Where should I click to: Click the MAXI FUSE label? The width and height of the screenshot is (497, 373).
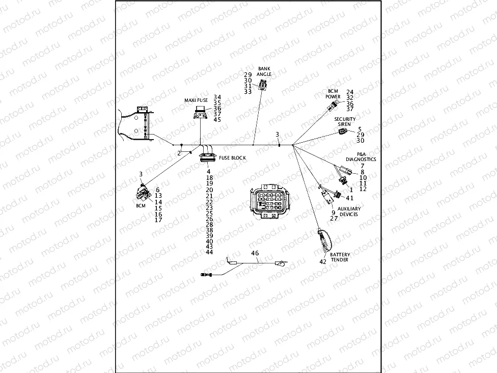click(x=197, y=101)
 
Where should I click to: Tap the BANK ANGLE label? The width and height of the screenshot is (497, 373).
click(x=264, y=71)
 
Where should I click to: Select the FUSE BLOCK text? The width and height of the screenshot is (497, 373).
click(x=232, y=158)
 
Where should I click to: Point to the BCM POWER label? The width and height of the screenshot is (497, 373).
click(x=333, y=93)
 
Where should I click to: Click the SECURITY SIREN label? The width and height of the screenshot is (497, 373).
click(x=345, y=121)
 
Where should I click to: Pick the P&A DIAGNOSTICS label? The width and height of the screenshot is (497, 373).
click(x=361, y=156)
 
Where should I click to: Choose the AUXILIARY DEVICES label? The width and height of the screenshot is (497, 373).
click(x=349, y=211)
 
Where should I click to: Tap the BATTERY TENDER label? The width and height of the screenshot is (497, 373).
click(x=340, y=257)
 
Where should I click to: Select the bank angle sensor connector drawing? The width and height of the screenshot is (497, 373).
click(x=262, y=85)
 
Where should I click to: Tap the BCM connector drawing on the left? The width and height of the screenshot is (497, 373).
click(x=140, y=193)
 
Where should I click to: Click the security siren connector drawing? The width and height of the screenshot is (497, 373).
click(x=343, y=132)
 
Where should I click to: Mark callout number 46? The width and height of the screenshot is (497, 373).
click(x=255, y=253)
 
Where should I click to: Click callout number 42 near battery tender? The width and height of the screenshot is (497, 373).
click(x=323, y=261)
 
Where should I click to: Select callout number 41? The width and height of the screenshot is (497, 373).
click(x=350, y=198)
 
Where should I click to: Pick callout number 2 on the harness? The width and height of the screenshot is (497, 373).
click(x=179, y=153)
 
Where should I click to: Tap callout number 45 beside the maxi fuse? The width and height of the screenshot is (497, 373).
click(x=217, y=120)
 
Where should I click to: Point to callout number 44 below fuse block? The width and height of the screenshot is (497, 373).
click(x=209, y=252)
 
